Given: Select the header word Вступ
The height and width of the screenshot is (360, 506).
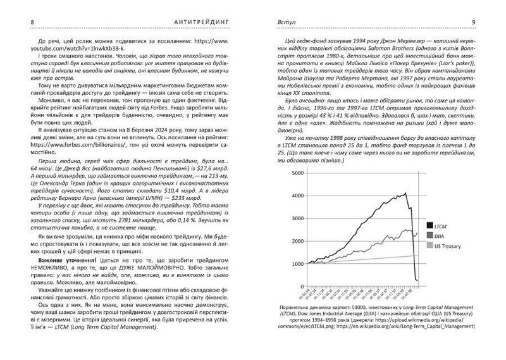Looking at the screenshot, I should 279,24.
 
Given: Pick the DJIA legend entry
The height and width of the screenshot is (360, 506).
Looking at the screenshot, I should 438,235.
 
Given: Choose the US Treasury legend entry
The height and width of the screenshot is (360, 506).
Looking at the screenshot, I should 445,245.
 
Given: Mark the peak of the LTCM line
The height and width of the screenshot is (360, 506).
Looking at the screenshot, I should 405,194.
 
